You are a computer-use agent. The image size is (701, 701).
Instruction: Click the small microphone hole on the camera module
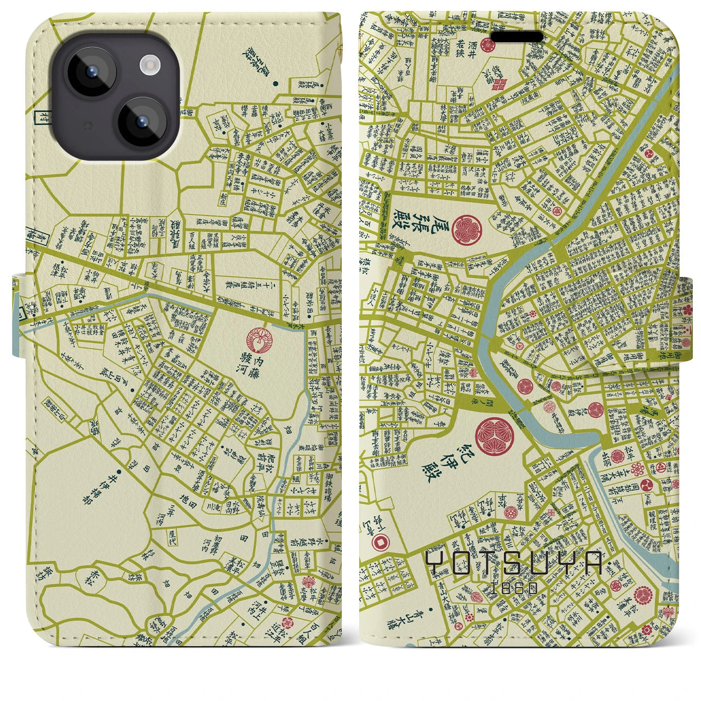(x=88, y=125)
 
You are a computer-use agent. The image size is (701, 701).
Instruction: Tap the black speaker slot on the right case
(x=517, y=37)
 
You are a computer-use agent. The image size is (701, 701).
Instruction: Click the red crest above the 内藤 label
(x=257, y=340)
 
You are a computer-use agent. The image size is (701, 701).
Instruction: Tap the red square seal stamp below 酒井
(x=499, y=84)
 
